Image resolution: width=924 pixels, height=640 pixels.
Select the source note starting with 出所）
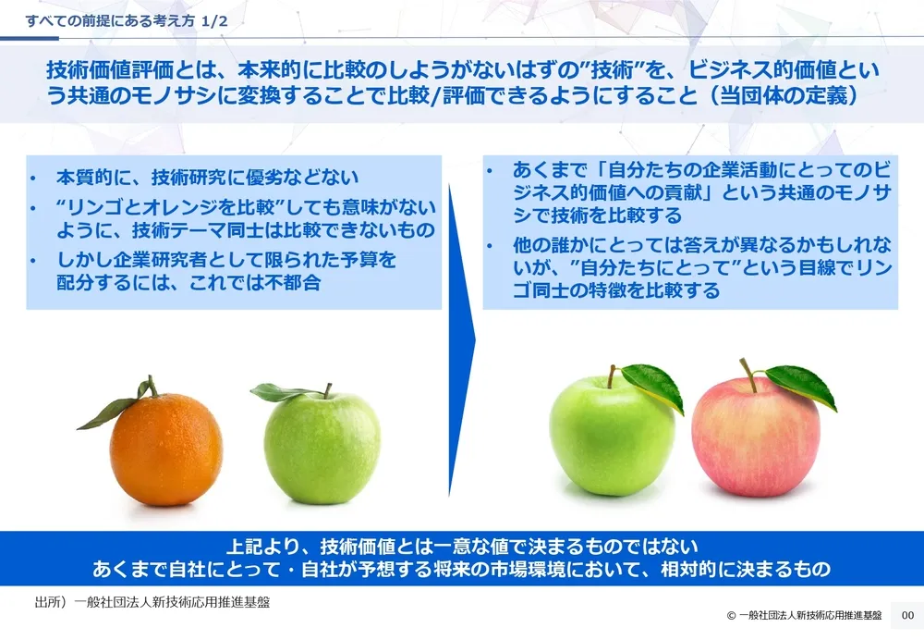152,601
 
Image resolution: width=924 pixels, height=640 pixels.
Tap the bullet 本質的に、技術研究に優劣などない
207,177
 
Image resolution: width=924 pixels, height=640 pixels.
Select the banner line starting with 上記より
461,546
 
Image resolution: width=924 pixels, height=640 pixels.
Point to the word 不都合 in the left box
294,283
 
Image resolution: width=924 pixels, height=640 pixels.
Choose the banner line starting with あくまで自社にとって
461,569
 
